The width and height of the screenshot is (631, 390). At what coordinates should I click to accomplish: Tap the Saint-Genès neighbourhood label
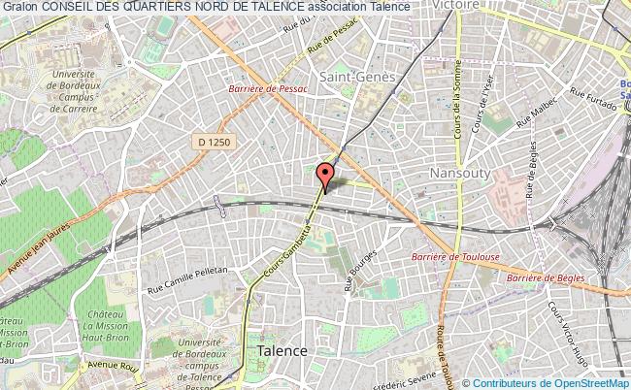pos(349,73)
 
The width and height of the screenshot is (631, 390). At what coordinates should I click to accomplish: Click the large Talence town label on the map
pos(282,350)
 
